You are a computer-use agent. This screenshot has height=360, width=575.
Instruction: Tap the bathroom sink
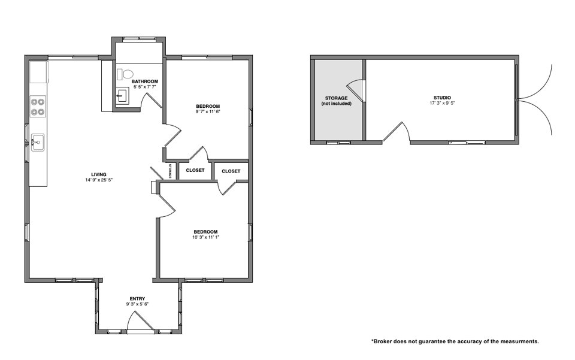(122, 96)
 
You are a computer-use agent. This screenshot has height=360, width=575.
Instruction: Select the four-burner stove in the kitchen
(38, 106)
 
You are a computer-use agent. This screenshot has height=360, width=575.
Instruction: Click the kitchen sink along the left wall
(37, 142)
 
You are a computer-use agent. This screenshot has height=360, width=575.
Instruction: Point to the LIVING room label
(99, 174)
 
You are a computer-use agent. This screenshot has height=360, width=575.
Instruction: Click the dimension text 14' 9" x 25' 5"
(99, 180)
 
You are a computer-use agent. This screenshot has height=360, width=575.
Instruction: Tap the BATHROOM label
(145, 81)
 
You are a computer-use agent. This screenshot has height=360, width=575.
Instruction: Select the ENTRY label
(137, 298)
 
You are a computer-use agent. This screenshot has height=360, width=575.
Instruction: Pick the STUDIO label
(442, 98)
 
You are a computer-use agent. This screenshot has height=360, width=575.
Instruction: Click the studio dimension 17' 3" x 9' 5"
(442, 103)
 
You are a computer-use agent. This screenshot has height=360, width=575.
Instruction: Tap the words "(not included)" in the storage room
(336, 104)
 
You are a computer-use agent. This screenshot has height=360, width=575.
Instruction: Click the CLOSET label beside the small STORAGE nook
(195, 171)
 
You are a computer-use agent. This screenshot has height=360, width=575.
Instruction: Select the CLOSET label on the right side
(231, 171)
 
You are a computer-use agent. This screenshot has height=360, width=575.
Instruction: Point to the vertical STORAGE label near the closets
(170, 171)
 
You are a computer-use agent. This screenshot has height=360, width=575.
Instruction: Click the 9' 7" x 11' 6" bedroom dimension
(208, 111)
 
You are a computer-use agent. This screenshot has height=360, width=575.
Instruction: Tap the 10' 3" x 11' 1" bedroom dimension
(205, 237)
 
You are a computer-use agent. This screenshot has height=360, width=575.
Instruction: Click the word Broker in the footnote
(383, 341)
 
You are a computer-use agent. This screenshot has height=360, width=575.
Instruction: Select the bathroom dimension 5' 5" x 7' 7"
(145, 87)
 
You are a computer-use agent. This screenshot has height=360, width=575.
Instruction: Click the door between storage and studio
(355, 90)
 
